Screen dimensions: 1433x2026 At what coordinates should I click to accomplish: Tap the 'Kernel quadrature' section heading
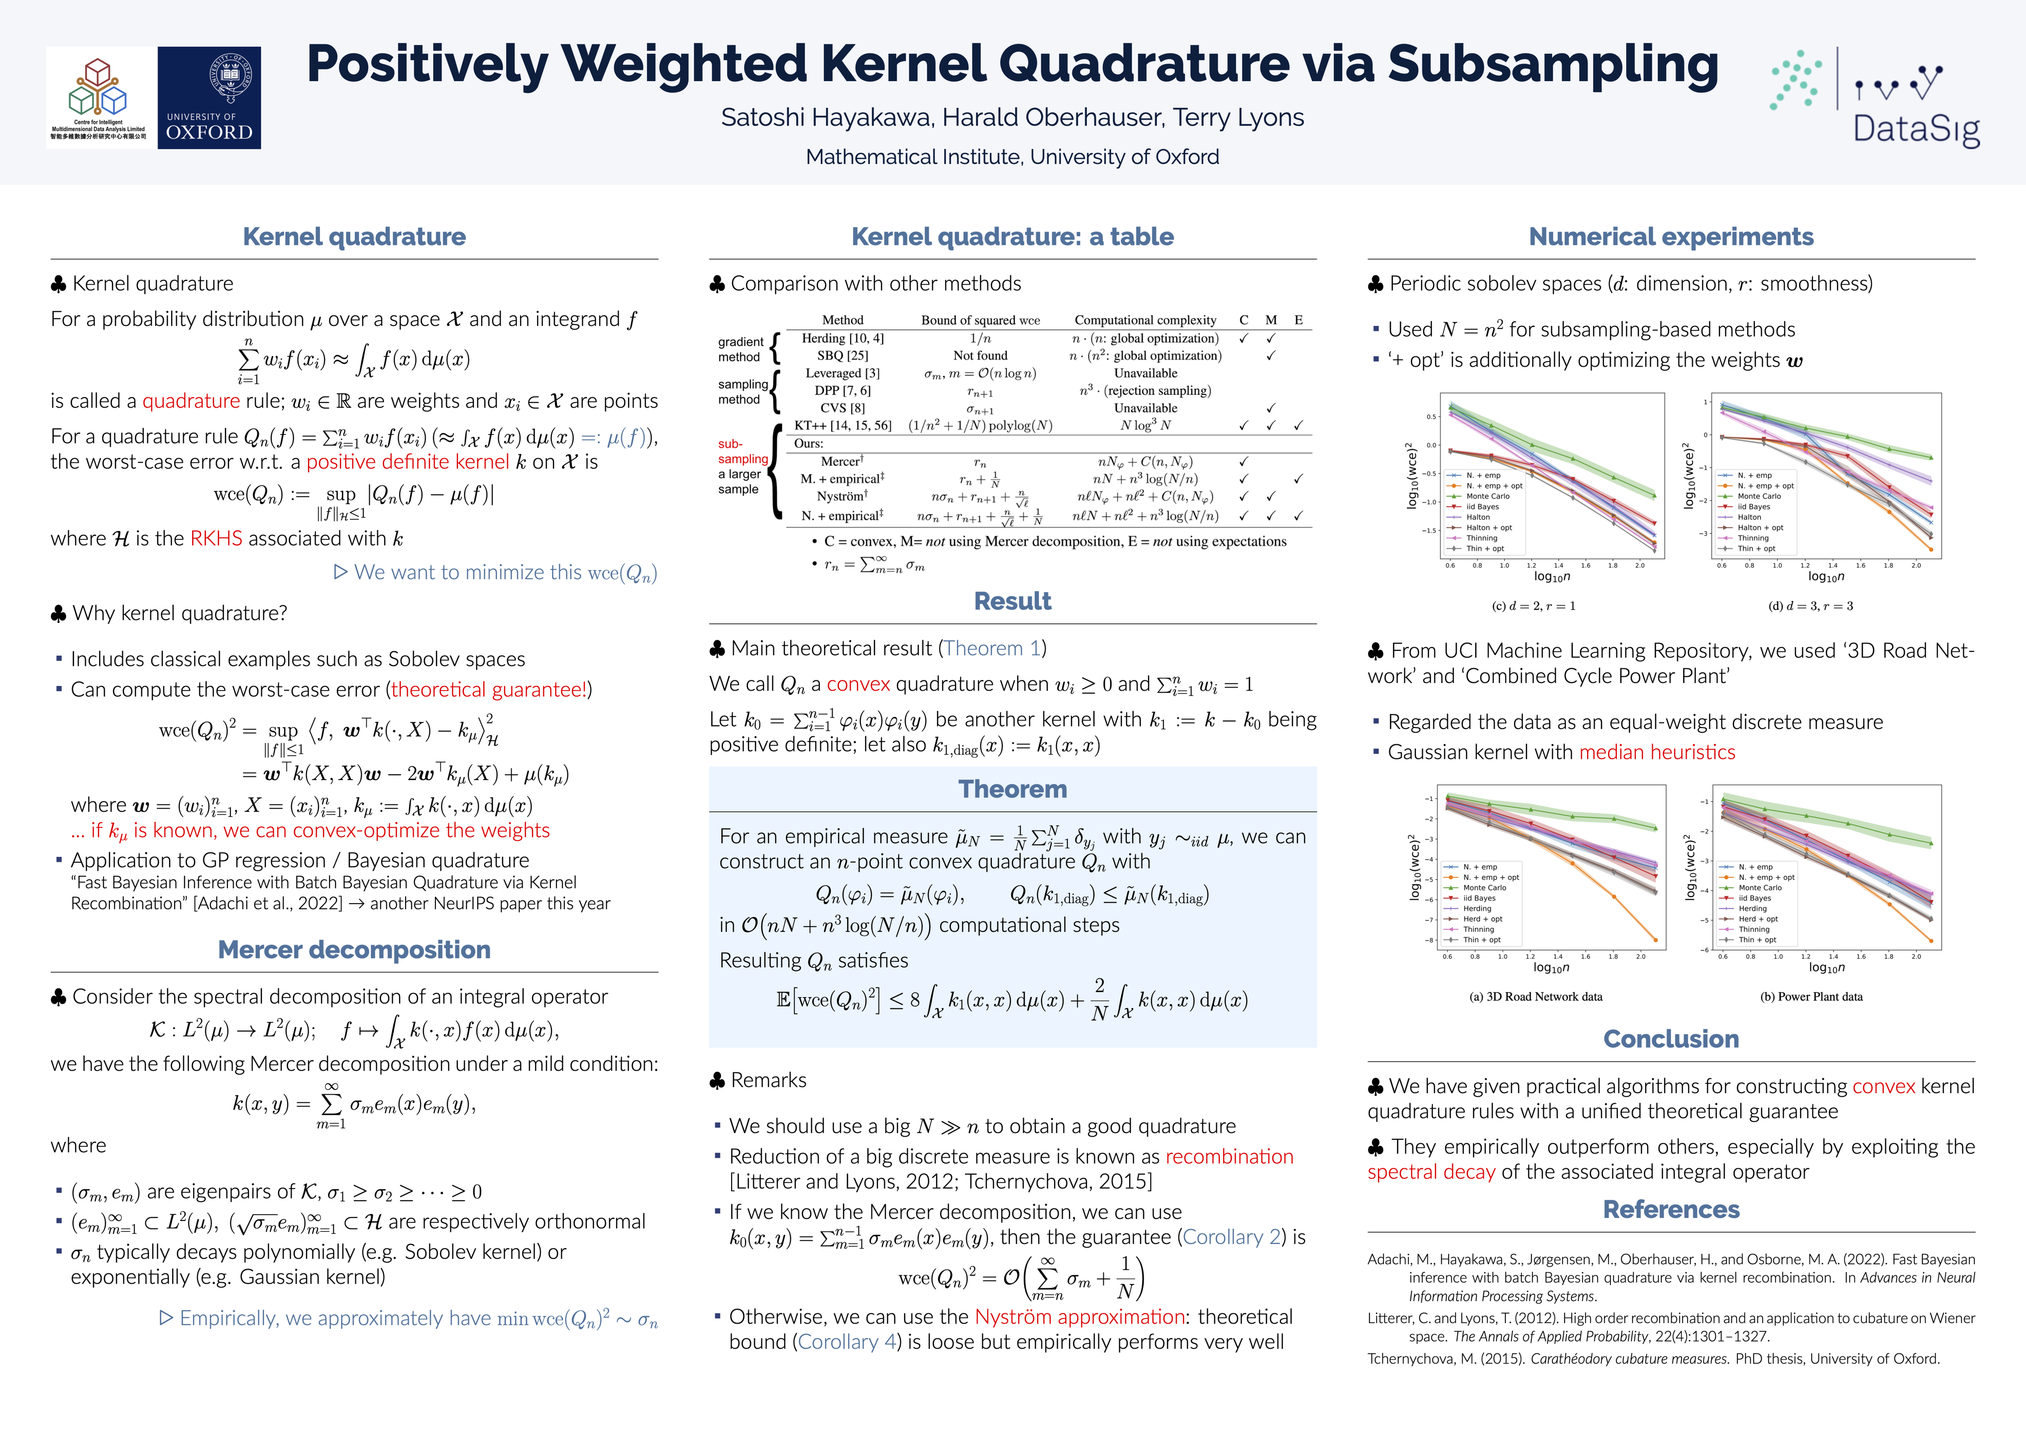(x=354, y=236)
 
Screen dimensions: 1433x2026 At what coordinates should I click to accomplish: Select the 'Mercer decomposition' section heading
(x=354, y=949)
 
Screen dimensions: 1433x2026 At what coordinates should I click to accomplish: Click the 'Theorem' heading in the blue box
(x=1012, y=789)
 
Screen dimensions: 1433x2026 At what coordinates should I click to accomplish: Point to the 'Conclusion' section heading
(x=1670, y=1038)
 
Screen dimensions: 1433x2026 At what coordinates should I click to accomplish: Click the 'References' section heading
(x=1670, y=1209)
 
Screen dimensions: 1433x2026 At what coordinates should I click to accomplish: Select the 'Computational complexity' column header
(x=1145, y=320)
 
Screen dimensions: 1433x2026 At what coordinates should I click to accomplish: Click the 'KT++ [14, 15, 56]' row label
(x=842, y=425)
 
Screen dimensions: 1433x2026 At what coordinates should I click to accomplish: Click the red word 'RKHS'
(x=216, y=538)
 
